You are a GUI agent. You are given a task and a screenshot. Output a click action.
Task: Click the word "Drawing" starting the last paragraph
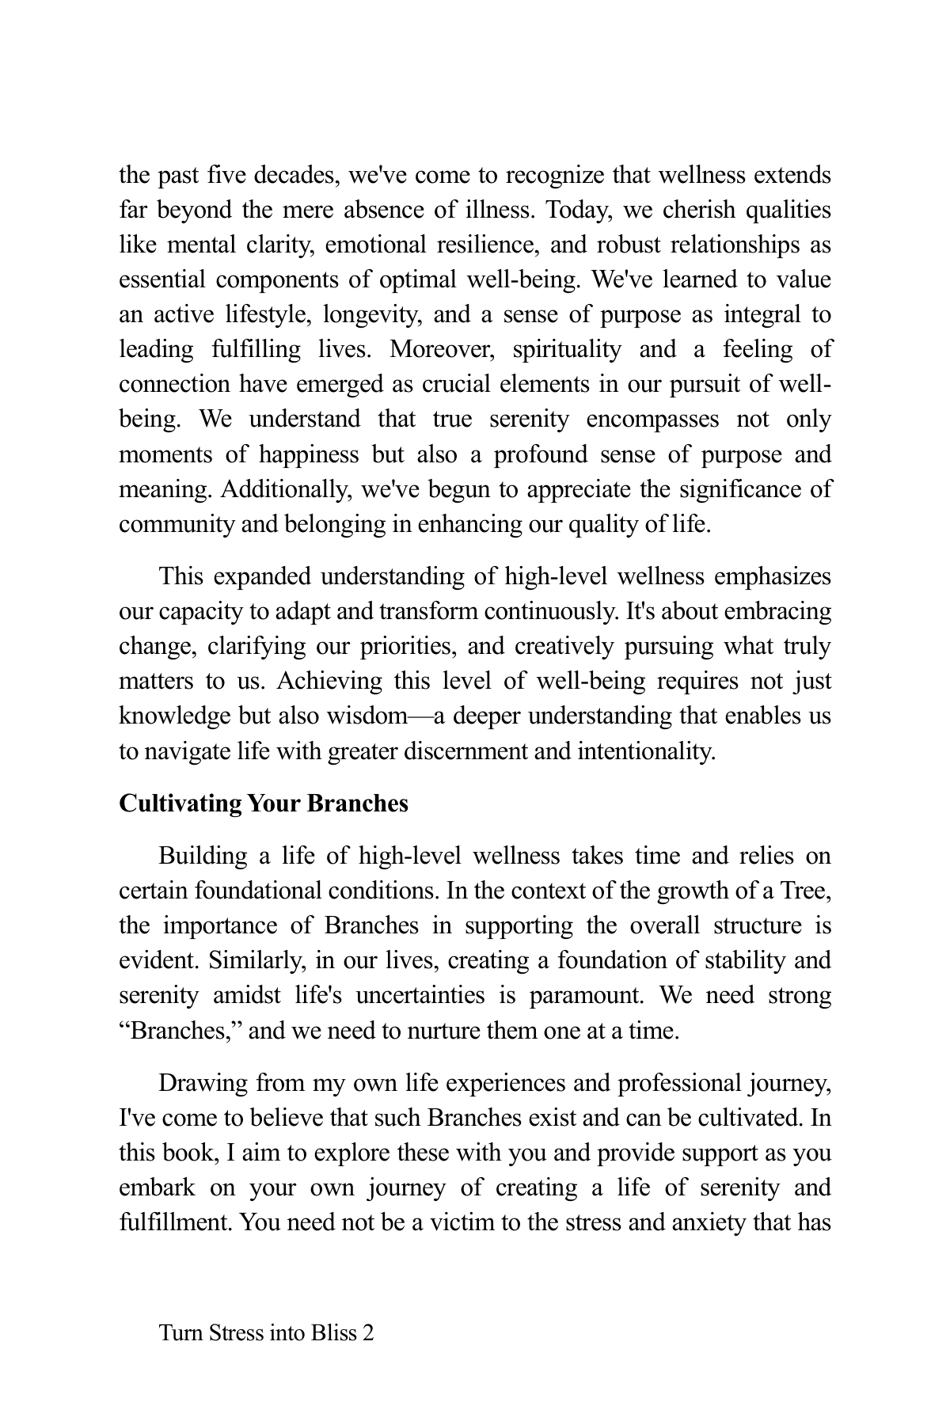point(203,1084)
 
